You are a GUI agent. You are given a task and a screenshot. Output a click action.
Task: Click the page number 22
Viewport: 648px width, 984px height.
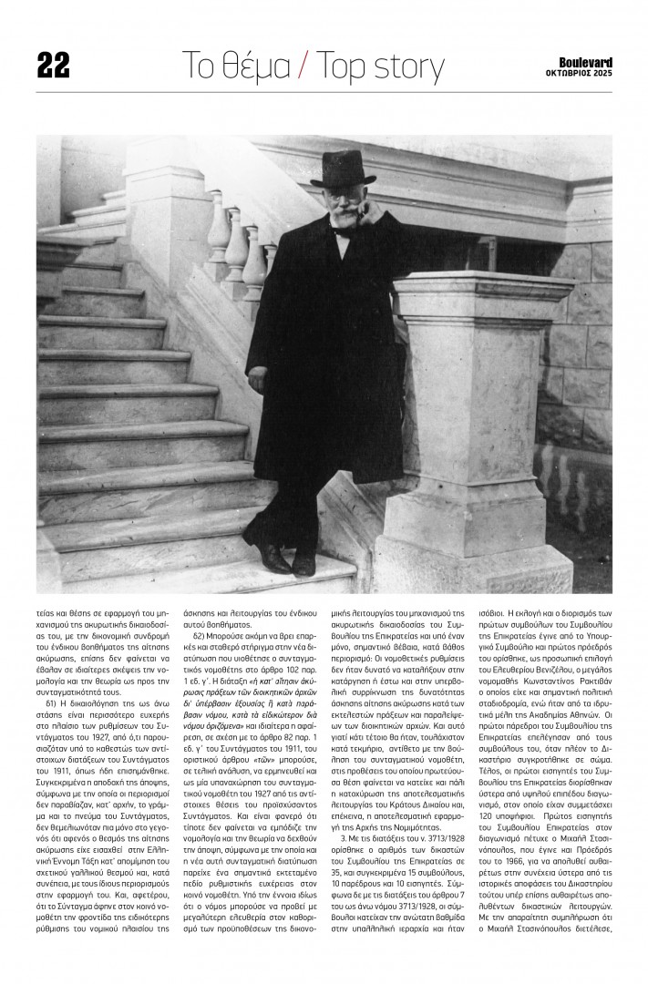point(53,66)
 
